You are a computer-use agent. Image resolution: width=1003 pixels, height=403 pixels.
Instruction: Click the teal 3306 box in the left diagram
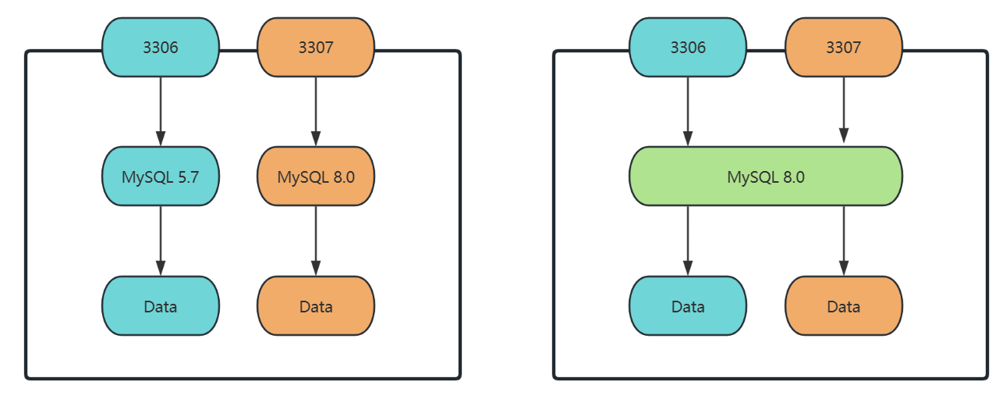[x=161, y=47]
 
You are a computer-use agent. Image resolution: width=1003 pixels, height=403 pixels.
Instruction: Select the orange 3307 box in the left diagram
[x=316, y=47]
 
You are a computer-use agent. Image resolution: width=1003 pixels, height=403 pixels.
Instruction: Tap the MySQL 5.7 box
[x=161, y=177]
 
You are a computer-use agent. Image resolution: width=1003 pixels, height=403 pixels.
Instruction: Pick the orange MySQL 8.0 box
[x=316, y=177]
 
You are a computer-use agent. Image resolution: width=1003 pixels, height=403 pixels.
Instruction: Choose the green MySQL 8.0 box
[x=766, y=177]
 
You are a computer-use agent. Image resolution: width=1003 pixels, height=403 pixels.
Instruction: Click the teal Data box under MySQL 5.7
[x=161, y=305]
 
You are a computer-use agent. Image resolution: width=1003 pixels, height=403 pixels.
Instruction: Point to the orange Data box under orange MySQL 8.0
[x=316, y=305]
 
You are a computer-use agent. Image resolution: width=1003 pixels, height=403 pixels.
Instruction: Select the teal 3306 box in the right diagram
[x=688, y=47]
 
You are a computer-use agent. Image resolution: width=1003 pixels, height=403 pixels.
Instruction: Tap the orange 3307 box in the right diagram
[x=844, y=47]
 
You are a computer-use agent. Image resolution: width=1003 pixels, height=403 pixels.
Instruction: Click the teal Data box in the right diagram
[x=688, y=305]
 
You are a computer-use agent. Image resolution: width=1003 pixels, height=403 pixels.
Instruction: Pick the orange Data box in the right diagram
[x=844, y=305]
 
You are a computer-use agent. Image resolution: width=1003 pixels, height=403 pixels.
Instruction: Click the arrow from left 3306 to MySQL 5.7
[x=161, y=112]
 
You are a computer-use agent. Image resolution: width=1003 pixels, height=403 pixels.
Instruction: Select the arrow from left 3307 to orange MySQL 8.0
[x=316, y=112]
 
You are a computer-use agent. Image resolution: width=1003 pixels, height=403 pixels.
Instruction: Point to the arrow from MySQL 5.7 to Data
[x=161, y=241]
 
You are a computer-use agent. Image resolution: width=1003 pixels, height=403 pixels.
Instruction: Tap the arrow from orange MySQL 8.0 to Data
[x=316, y=241]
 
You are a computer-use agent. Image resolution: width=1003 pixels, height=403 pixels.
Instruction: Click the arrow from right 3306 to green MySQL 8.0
[x=688, y=112]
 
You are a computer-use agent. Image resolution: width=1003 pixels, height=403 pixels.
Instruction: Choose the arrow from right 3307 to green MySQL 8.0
[x=844, y=110]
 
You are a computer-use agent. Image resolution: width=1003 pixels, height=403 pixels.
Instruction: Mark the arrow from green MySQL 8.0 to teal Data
[x=688, y=241]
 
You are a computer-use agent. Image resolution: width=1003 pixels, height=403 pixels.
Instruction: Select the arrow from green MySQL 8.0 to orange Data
[x=844, y=241]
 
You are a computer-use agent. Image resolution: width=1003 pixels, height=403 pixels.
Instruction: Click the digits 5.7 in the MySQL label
[x=188, y=177]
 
